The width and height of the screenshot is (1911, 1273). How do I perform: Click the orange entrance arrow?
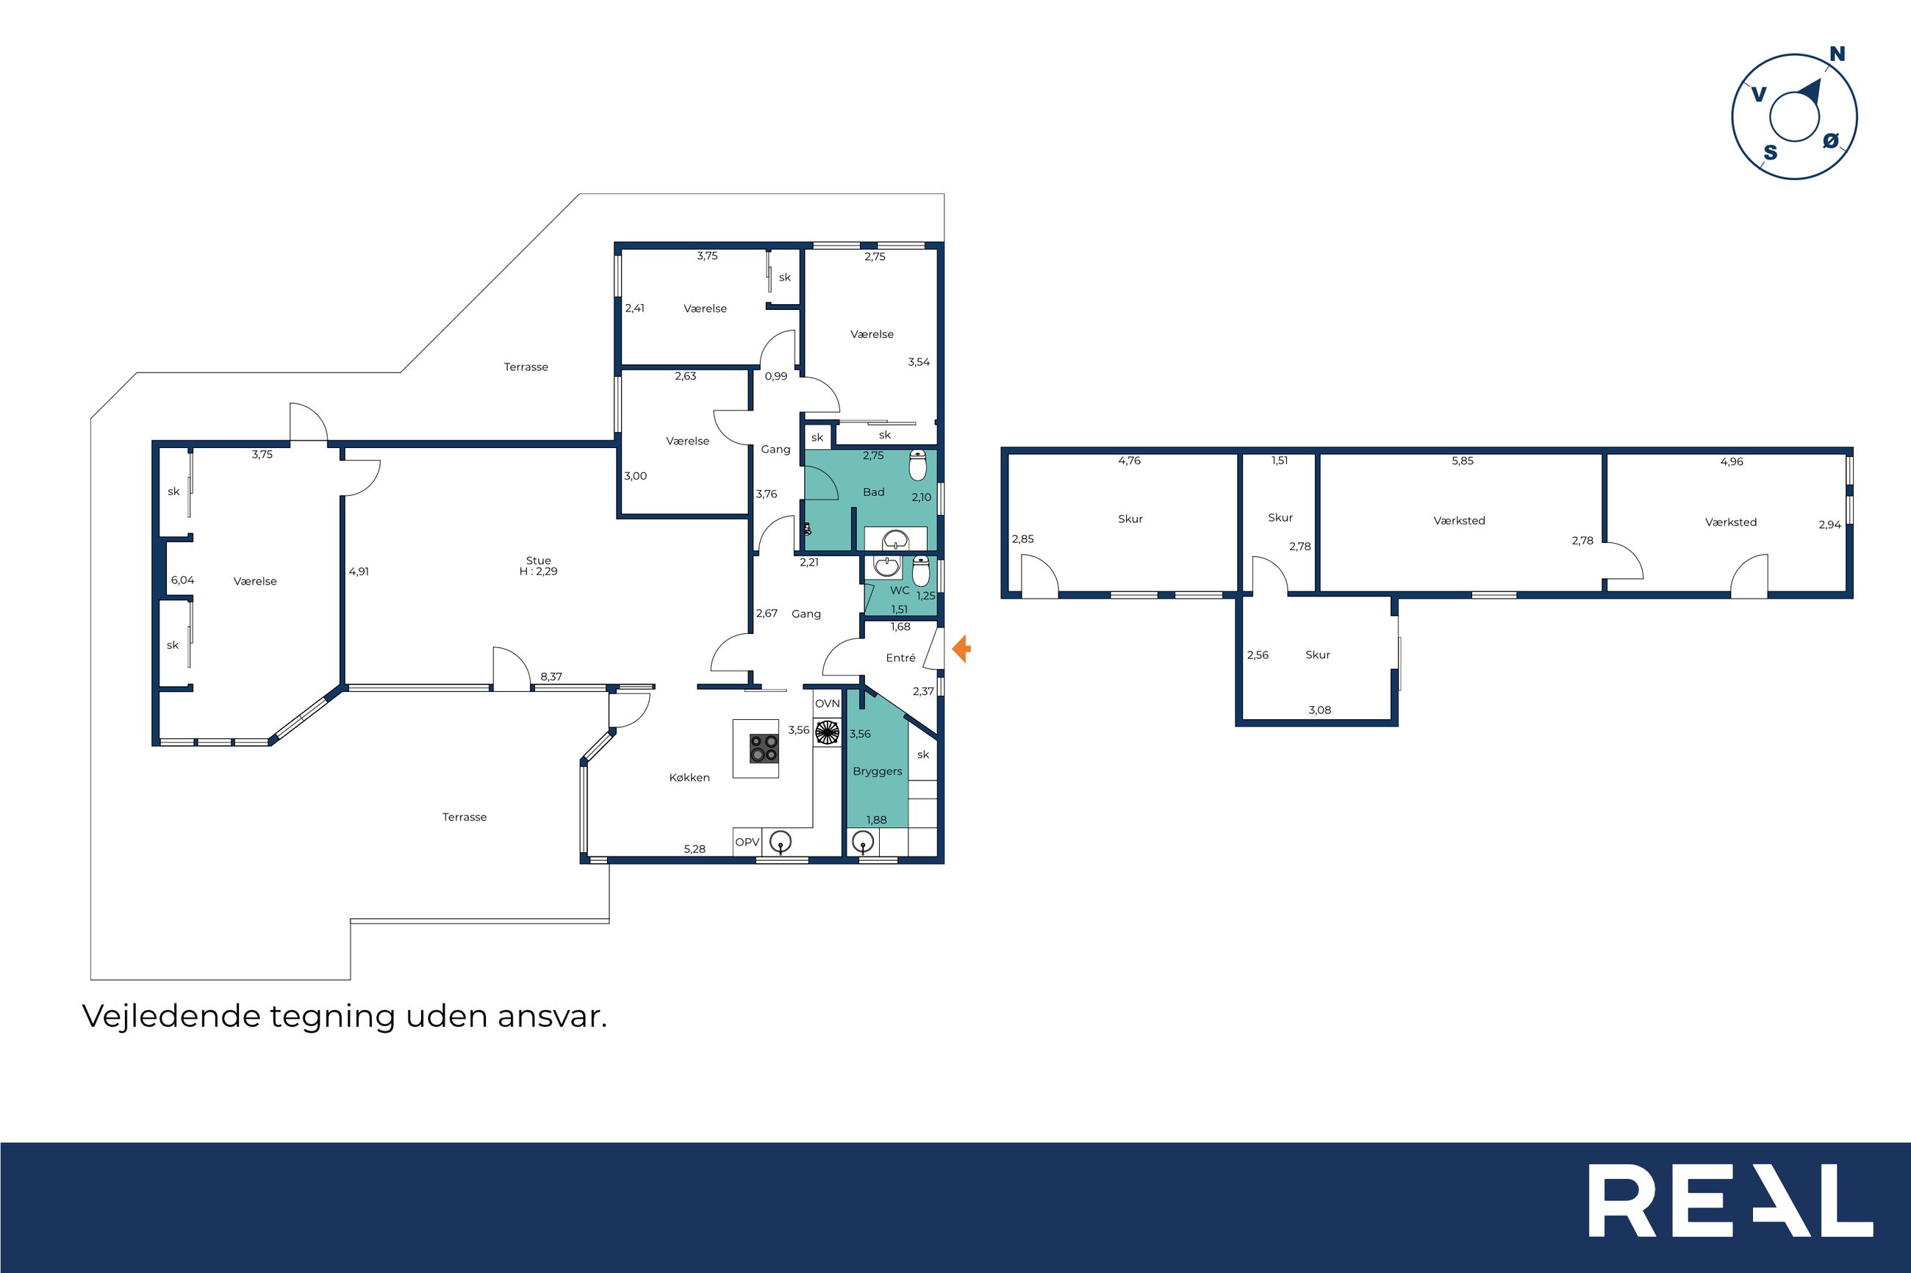961,649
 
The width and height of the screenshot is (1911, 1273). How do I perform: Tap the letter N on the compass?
1837,54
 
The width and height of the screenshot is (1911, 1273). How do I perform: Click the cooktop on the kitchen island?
764,749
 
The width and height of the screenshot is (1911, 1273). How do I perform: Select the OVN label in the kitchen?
827,703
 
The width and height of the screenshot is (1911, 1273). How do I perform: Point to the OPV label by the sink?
747,842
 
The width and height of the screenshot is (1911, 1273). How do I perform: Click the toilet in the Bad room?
919,464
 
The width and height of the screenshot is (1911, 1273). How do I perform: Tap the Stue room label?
539,560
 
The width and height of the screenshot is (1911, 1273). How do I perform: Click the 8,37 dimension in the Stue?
551,677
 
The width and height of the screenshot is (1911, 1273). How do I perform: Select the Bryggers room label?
877,771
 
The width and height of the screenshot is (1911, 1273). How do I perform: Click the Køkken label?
689,777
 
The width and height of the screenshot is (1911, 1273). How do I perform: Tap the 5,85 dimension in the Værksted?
1462,461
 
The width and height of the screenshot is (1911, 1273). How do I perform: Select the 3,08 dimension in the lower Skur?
1320,710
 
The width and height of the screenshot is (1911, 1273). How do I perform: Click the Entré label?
900,657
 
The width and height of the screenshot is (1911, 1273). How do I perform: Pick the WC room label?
900,591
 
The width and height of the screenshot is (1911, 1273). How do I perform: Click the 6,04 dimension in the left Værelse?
183,580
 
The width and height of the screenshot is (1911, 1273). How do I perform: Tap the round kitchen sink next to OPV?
781,843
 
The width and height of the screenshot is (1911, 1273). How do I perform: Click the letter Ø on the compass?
1831,140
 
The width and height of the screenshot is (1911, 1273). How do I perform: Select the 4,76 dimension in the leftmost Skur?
1129,461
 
